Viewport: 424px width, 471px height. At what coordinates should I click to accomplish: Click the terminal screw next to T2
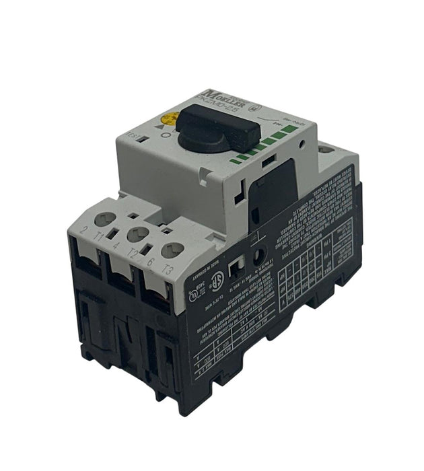139,234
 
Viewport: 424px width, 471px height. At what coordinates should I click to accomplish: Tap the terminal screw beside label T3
172,251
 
